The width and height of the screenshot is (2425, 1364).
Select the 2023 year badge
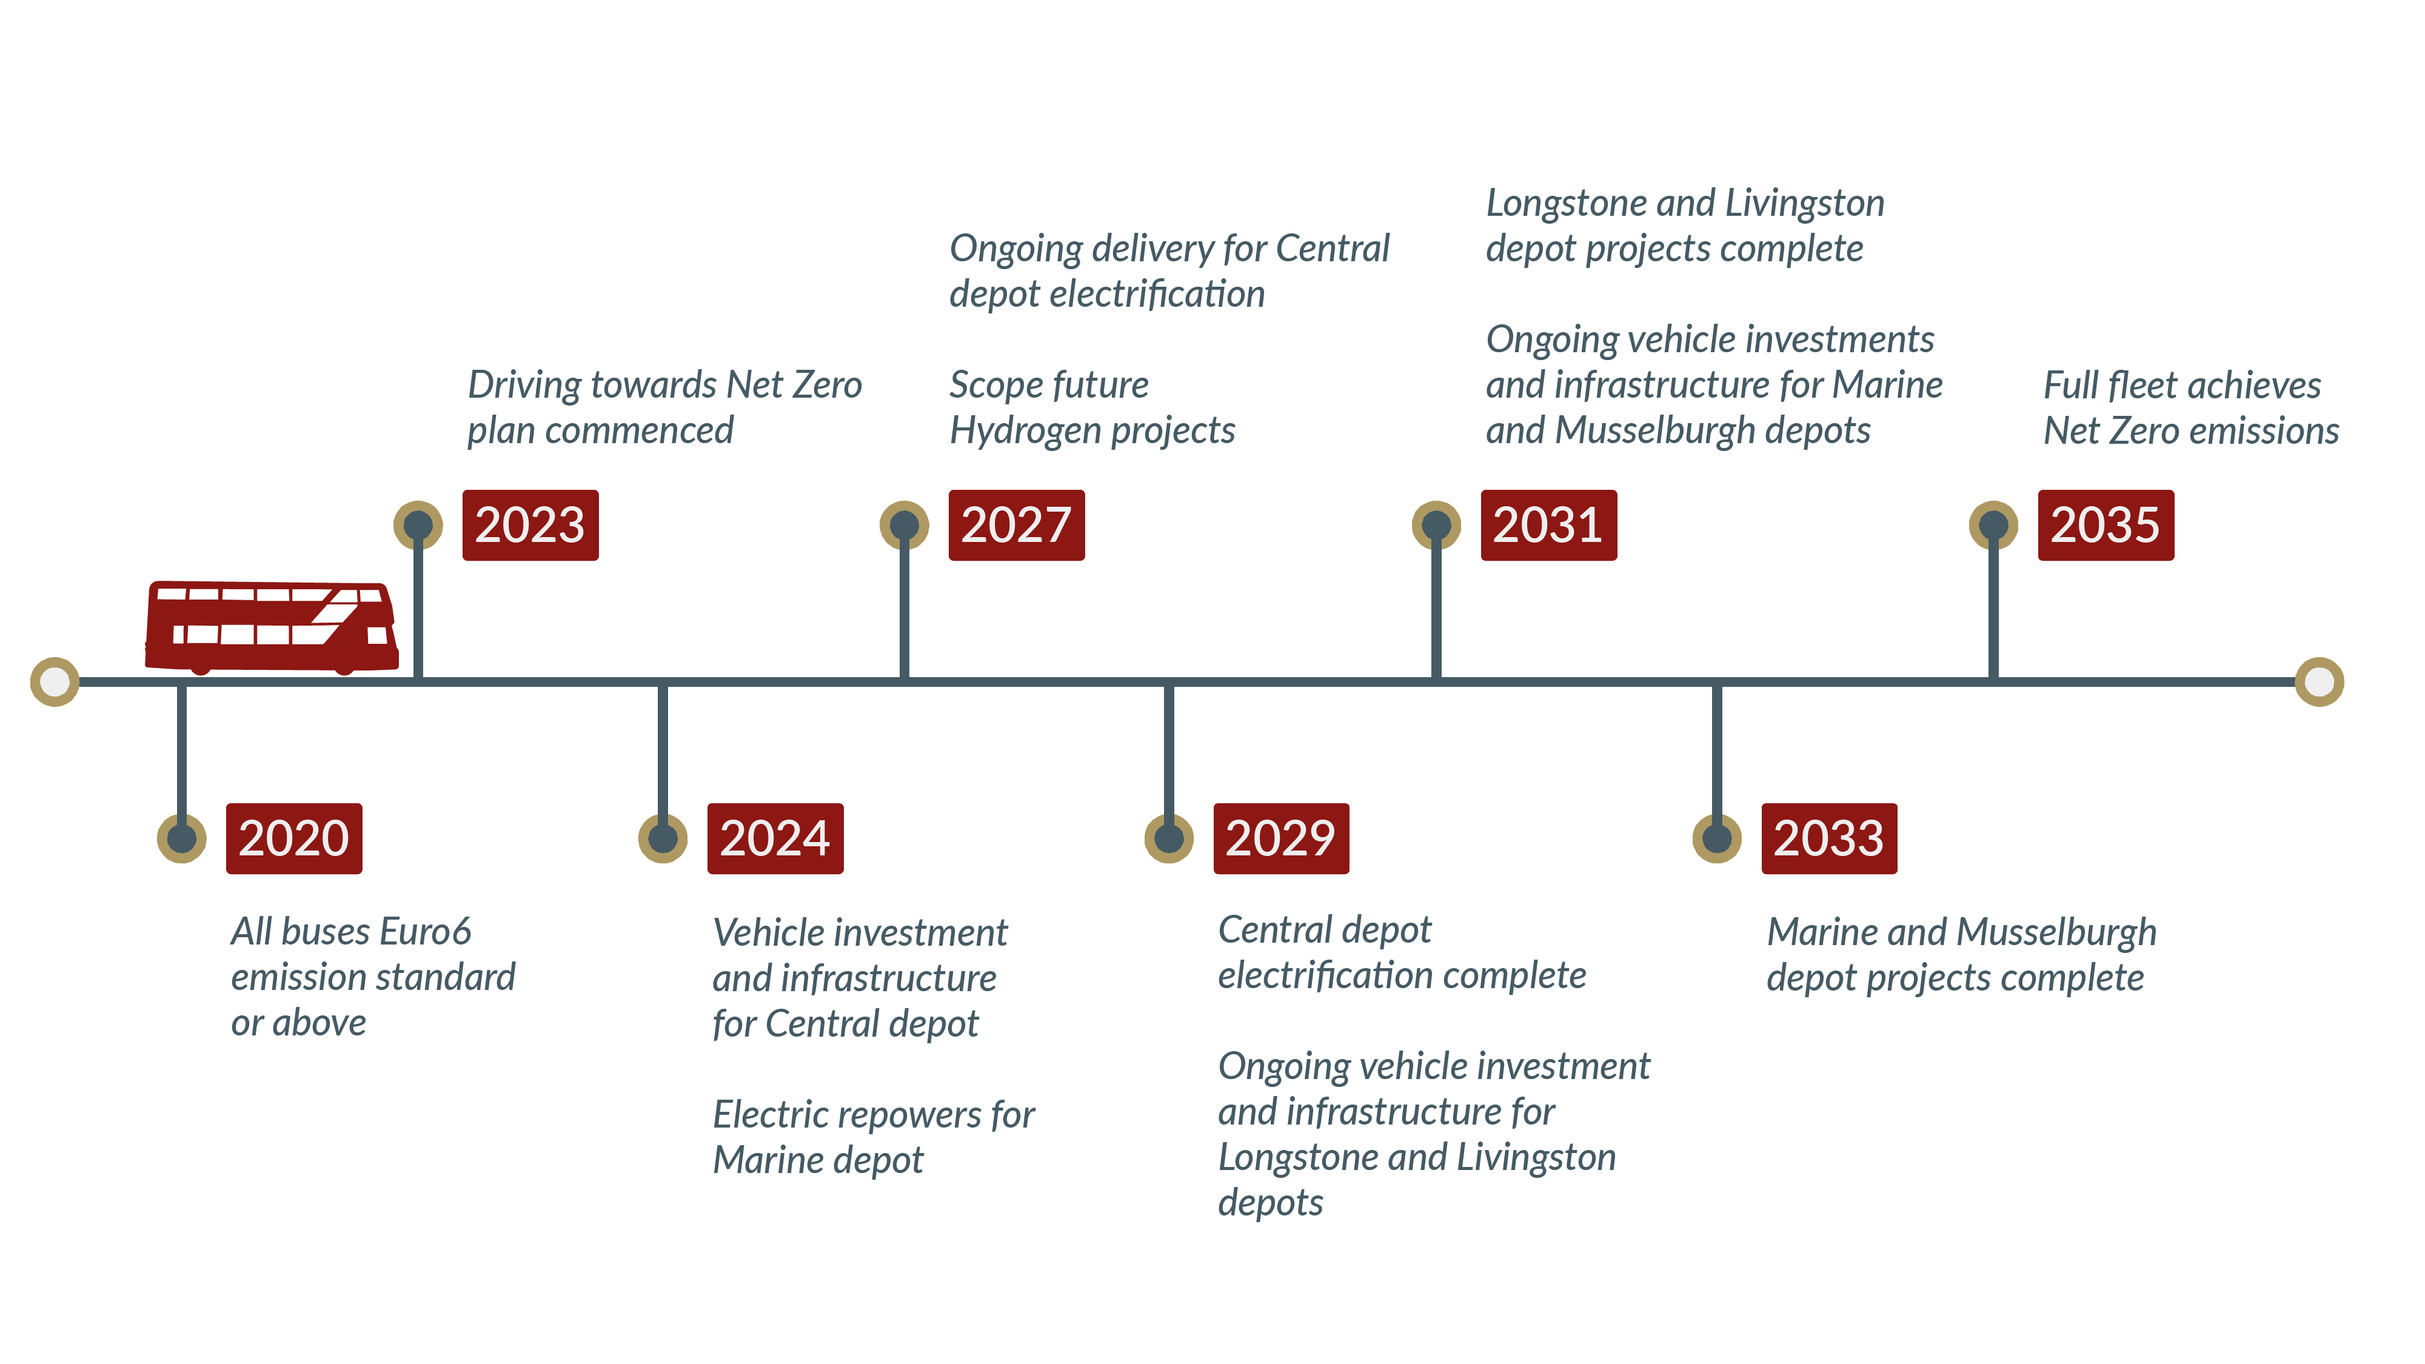coord(530,525)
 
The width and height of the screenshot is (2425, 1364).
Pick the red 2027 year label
coord(1017,525)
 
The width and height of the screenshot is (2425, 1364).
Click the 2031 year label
coord(1548,525)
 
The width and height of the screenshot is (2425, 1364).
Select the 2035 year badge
coord(2106,525)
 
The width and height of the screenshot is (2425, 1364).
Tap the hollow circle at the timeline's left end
coord(55,681)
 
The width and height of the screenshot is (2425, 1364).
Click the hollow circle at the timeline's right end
coord(2320,681)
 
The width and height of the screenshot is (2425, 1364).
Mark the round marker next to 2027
coord(904,525)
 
